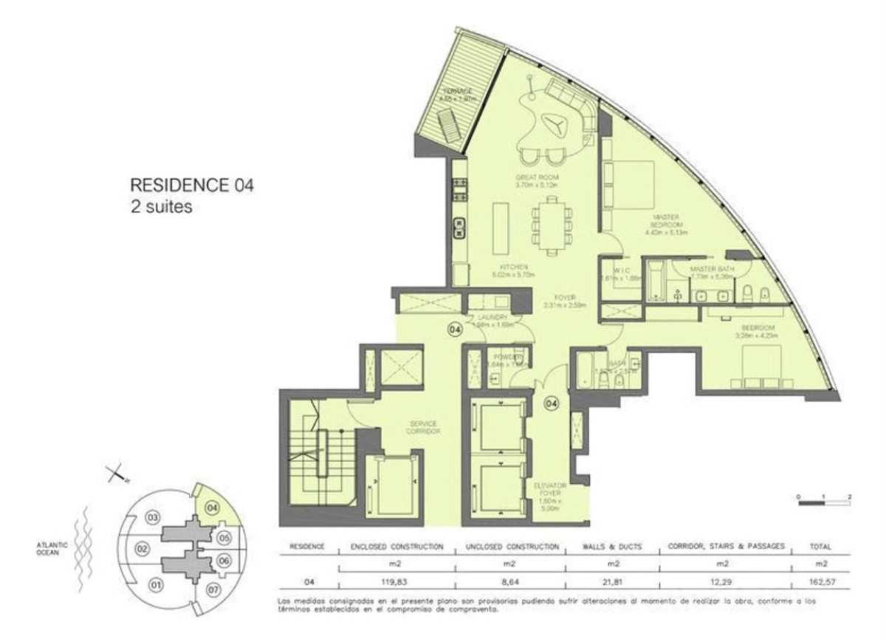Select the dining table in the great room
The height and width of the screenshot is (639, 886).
pos(552,224)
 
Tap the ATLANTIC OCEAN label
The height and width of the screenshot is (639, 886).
pos(52,547)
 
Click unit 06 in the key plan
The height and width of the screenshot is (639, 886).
pos(225,561)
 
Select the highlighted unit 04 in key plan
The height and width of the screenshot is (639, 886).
pos(212,508)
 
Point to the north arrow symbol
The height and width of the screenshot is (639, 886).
pos(114,474)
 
